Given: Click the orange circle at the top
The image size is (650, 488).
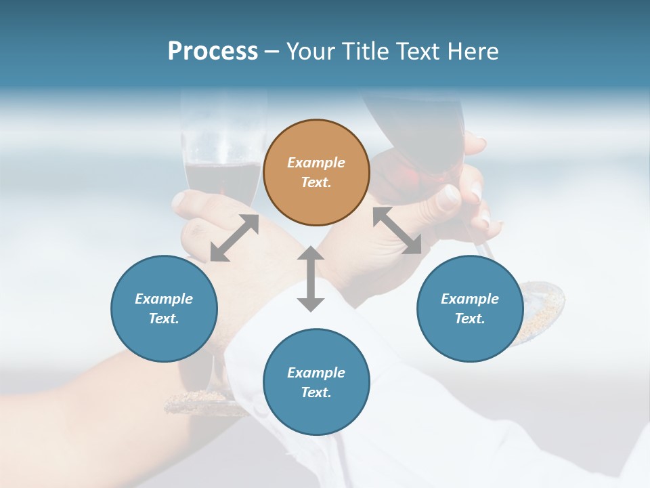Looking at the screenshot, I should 316,172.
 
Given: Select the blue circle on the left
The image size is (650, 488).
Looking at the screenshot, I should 164,308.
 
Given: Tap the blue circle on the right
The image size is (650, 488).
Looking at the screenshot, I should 470,308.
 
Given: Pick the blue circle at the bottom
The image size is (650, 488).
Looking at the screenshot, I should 316,382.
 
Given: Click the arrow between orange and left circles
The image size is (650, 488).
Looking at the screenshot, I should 234,238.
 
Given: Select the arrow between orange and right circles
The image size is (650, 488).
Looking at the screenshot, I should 397,230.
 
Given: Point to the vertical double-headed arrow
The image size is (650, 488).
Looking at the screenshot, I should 311,279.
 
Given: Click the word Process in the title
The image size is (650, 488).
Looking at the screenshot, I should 213,52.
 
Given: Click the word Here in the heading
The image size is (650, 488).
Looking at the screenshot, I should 472,52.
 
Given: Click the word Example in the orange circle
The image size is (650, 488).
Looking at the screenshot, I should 316,163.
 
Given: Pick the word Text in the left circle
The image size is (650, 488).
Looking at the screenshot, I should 164,319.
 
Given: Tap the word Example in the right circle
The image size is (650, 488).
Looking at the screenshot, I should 470,299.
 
